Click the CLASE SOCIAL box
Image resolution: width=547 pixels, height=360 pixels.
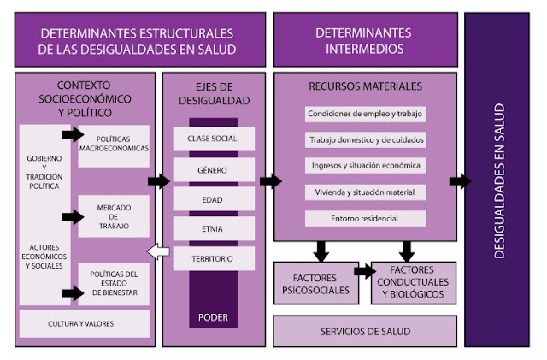214,139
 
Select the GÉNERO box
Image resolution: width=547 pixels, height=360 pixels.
214,170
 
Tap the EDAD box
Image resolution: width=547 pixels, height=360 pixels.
214,199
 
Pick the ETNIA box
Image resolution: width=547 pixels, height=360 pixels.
214,228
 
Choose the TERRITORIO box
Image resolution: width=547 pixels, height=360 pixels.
214,258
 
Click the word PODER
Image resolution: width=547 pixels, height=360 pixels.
213,317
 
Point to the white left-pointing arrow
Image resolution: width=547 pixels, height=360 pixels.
158,251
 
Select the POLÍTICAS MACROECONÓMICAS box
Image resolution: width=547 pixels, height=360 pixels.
114,146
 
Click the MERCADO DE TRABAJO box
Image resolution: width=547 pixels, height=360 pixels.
114,216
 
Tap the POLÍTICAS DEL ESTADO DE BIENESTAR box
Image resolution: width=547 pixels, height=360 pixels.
114,284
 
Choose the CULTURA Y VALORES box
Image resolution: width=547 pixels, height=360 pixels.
85,324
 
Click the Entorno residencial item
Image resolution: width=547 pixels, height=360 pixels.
365,219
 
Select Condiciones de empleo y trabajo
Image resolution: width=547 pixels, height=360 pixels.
365,115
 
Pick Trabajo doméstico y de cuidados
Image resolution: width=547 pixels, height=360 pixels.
365,140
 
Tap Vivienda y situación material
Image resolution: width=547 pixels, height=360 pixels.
365,192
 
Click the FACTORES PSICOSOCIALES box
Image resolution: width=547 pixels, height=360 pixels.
316,283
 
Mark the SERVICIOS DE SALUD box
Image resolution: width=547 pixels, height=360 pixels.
365,332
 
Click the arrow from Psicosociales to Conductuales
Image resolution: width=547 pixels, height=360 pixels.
365,271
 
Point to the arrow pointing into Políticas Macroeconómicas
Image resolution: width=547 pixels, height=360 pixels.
73,134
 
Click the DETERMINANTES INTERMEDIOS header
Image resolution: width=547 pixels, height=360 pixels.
366,40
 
